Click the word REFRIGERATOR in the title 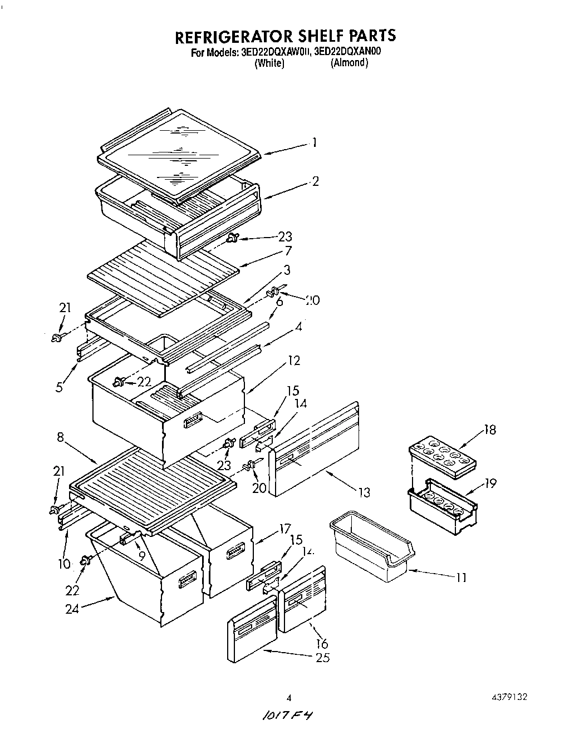(x=233, y=36)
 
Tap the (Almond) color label (x=349, y=63)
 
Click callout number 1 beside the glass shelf (x=315, y=143)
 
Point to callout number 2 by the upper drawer (x=315, y=181)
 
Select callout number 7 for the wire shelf (x=288, y=251)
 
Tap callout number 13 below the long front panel (x=364, y=492)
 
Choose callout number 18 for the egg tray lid (x=489, y=430)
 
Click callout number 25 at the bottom (x=322, y=658)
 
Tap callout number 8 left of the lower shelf (x=61, y=438)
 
